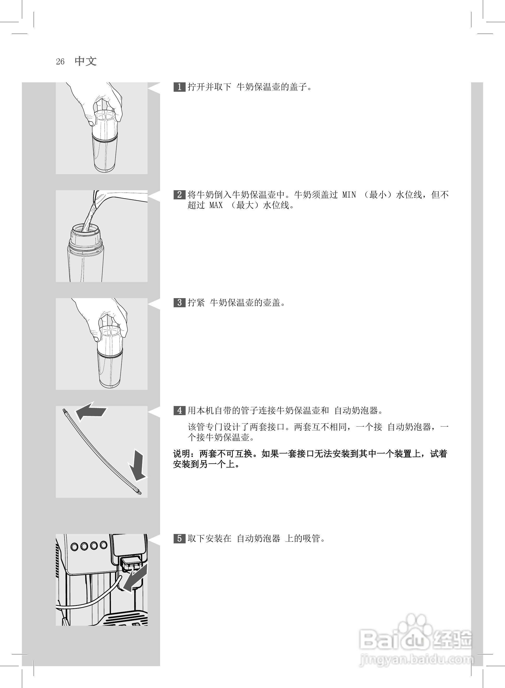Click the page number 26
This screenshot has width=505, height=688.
(60, 62)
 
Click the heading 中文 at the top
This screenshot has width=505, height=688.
(86, 61)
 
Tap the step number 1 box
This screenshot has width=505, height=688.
(179, 87)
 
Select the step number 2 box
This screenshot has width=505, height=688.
(179, 195)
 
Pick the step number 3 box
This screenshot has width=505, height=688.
(179, 303)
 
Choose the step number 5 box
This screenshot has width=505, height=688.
(179, 538)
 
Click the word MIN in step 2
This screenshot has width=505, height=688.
(349, 195)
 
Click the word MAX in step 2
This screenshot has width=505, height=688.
(216, 205)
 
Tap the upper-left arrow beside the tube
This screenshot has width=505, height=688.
(91, 411)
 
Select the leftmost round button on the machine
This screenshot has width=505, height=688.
(74, 546)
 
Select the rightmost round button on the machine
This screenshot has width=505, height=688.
(104, 545)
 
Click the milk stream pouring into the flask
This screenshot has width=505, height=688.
(90, 215)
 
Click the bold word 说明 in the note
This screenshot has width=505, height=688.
(181, 454)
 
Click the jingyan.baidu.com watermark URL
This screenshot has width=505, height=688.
(416, 660)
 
